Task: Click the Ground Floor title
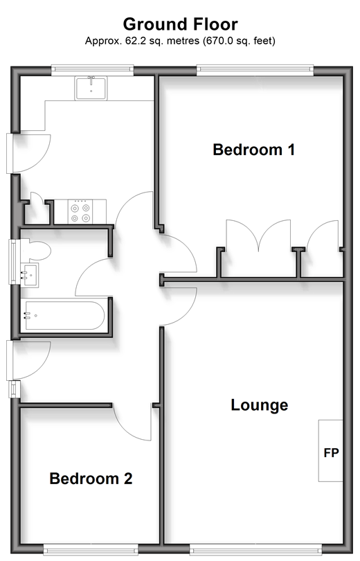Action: pyautogui.click(x=180, y=25)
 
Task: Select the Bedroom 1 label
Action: pyautogui.click(x=254, y=150)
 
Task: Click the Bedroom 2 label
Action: pyautogui.click(x=91, y=479)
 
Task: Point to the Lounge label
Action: pyautogui.click(x=260, y=405)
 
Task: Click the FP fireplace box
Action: pyautogui.click(x=331, y=450)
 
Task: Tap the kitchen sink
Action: pyautogui.click(x=91, y=88)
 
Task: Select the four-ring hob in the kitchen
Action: pyautogui.click(x=80, y=212)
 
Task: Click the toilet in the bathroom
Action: pyautogui.click(x=35, y=251)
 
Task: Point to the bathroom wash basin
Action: pyautogui.click(x=29, y=275)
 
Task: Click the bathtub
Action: pyautogui.click(x=64, y=315)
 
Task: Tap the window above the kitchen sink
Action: pyautogui.click(x=92, y=70)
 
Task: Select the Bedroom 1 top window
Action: pyautogui.click(x=255, y=70)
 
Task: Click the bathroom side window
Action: pyautogui.click(x=13, y=262)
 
